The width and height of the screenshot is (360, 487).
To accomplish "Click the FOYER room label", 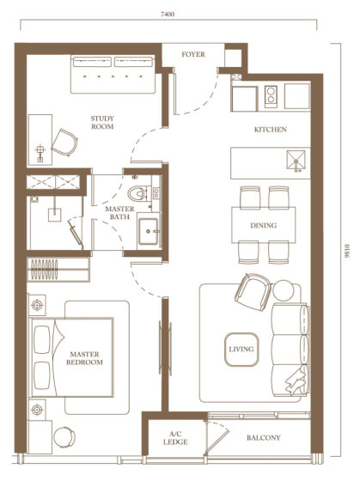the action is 193,54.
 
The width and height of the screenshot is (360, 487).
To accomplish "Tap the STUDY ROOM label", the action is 102,122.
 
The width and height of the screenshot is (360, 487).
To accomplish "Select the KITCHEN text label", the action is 271,130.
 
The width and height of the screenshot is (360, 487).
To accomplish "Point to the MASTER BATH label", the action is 119,213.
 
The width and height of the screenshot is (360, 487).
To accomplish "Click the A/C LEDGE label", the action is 175,438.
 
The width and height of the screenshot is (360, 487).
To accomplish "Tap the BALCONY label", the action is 264,438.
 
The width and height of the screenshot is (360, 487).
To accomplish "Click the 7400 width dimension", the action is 168,14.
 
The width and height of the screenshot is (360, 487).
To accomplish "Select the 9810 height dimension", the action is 347,251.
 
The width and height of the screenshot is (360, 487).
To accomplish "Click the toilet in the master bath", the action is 137,193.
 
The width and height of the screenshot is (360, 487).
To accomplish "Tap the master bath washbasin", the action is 148,231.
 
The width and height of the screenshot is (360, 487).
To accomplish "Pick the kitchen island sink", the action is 296,161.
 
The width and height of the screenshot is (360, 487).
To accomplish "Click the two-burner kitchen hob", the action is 271,96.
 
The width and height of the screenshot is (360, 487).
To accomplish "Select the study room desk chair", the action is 64,143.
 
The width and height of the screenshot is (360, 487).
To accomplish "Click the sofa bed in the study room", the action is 113,74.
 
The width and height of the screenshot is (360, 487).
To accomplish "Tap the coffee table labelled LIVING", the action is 241,350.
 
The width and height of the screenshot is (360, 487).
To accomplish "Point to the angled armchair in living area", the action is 253,292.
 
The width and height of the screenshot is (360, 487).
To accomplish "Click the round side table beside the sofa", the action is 283,290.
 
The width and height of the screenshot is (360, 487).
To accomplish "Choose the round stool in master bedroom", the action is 64,437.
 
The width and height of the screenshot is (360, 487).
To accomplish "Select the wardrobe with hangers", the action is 58,270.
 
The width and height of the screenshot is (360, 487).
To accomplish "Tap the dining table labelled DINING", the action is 264,225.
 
